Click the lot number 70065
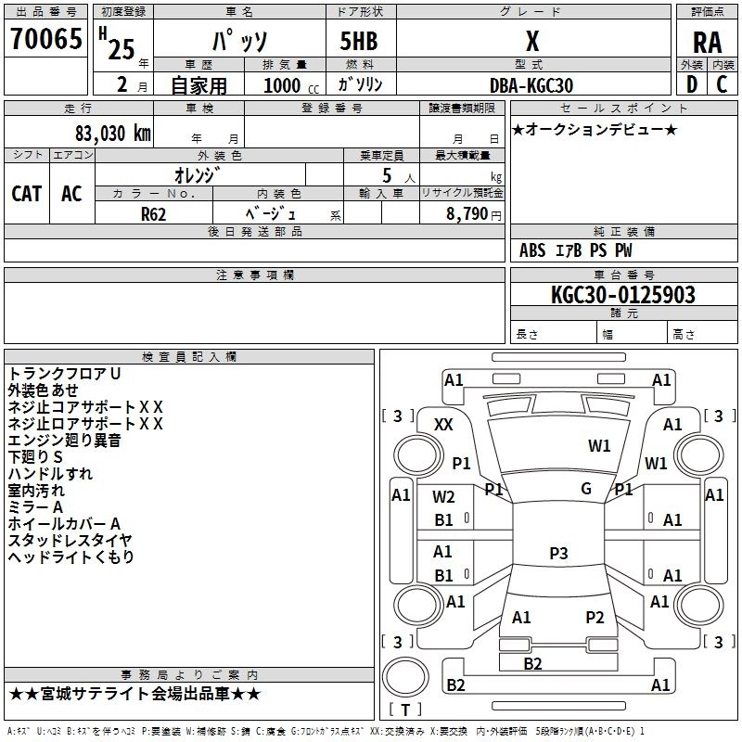(45, 38)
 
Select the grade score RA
(707, 43)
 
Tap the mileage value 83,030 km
(112, 134)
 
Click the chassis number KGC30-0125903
(622, 294)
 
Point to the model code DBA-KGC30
(531, 85)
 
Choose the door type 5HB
(359, 41)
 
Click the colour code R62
(153, 214)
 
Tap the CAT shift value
(27, 194)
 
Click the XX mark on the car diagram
(443, 425)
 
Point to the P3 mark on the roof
(558, 553)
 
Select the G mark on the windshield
(586, 489)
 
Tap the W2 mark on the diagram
(443, 497)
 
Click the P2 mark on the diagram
(595, 617)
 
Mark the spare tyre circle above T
(405, 677)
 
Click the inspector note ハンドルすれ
(50, 474)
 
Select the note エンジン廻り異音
(64, 441)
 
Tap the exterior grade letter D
(692, 84)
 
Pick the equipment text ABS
(532, 250)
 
